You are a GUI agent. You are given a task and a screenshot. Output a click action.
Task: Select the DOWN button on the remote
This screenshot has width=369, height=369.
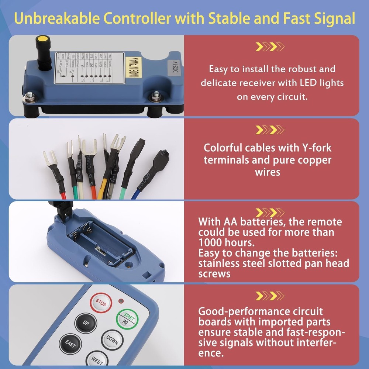tap(112, 340)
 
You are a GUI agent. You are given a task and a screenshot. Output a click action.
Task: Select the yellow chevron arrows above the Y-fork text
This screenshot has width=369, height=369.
tap(270, 130)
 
